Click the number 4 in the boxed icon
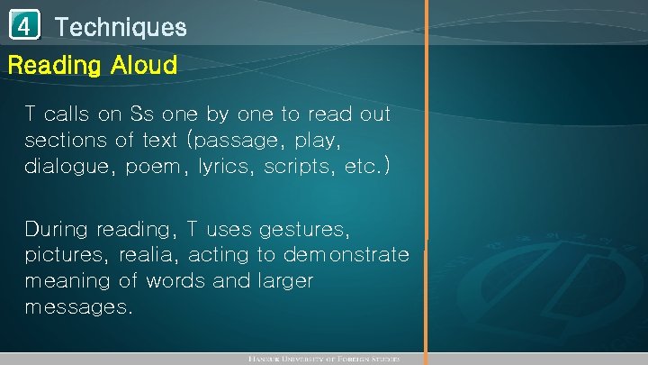point(25,26)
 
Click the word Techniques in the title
point(121,27)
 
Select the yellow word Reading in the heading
point(54,65)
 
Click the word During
point(57,227)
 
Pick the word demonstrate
point(346,254)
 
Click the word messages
point(78,307)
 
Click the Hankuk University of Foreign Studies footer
point(324,359)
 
